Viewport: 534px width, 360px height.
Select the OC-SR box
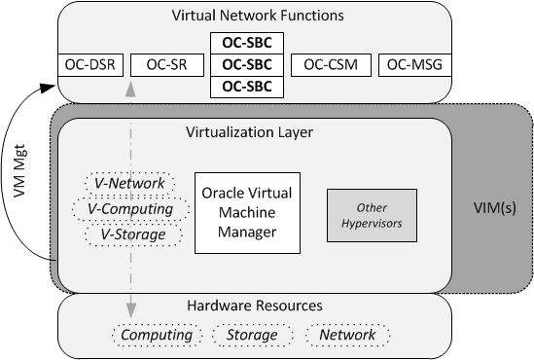(x=165, y=65)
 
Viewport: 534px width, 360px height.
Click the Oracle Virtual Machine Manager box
(x=246, y=213)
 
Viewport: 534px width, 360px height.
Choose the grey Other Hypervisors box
(x=371, y=215)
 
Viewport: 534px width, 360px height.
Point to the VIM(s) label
(x=492, y=207)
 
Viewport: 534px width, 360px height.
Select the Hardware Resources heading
(x=255, y=306)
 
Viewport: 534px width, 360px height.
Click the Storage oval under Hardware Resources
(x=252, y=335)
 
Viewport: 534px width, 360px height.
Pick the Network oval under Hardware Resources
(x=346, y=335)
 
